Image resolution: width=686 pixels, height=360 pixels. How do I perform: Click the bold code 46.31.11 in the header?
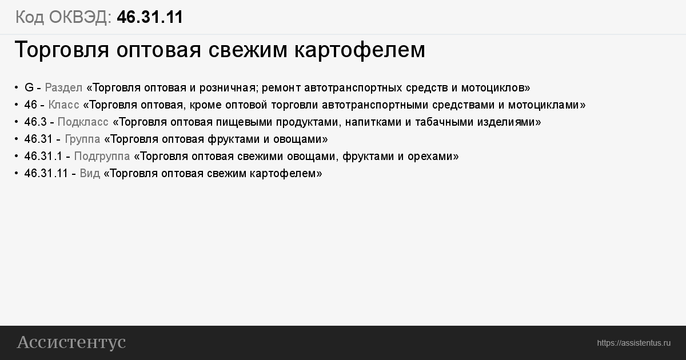(150, 17)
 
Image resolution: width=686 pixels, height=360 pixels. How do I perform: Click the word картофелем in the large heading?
(360, 50)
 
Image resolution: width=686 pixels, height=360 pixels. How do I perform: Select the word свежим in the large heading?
(248, 50)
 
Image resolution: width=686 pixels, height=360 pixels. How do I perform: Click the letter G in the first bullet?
(29, 87)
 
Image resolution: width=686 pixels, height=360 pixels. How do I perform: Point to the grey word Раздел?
(63, 88)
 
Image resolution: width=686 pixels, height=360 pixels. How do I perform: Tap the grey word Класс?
(63, 105)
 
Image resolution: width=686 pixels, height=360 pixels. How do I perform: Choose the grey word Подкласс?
(83, 122)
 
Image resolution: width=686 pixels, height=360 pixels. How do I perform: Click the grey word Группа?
(82, 139)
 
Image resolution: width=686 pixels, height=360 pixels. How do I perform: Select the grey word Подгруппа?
(102, 157)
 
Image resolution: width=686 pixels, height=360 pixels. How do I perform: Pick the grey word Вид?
(90, 174)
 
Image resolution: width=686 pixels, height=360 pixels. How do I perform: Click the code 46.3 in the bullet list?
(35, 122)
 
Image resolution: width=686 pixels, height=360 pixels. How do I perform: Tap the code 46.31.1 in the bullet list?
(43, 156)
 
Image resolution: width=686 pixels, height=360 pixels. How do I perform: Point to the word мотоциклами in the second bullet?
(544, 105)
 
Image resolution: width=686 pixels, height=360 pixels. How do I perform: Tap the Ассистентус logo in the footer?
(71, 342)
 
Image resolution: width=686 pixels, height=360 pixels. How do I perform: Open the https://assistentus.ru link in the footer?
(633, 343)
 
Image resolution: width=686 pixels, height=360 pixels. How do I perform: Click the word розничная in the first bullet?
(228, 88)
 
